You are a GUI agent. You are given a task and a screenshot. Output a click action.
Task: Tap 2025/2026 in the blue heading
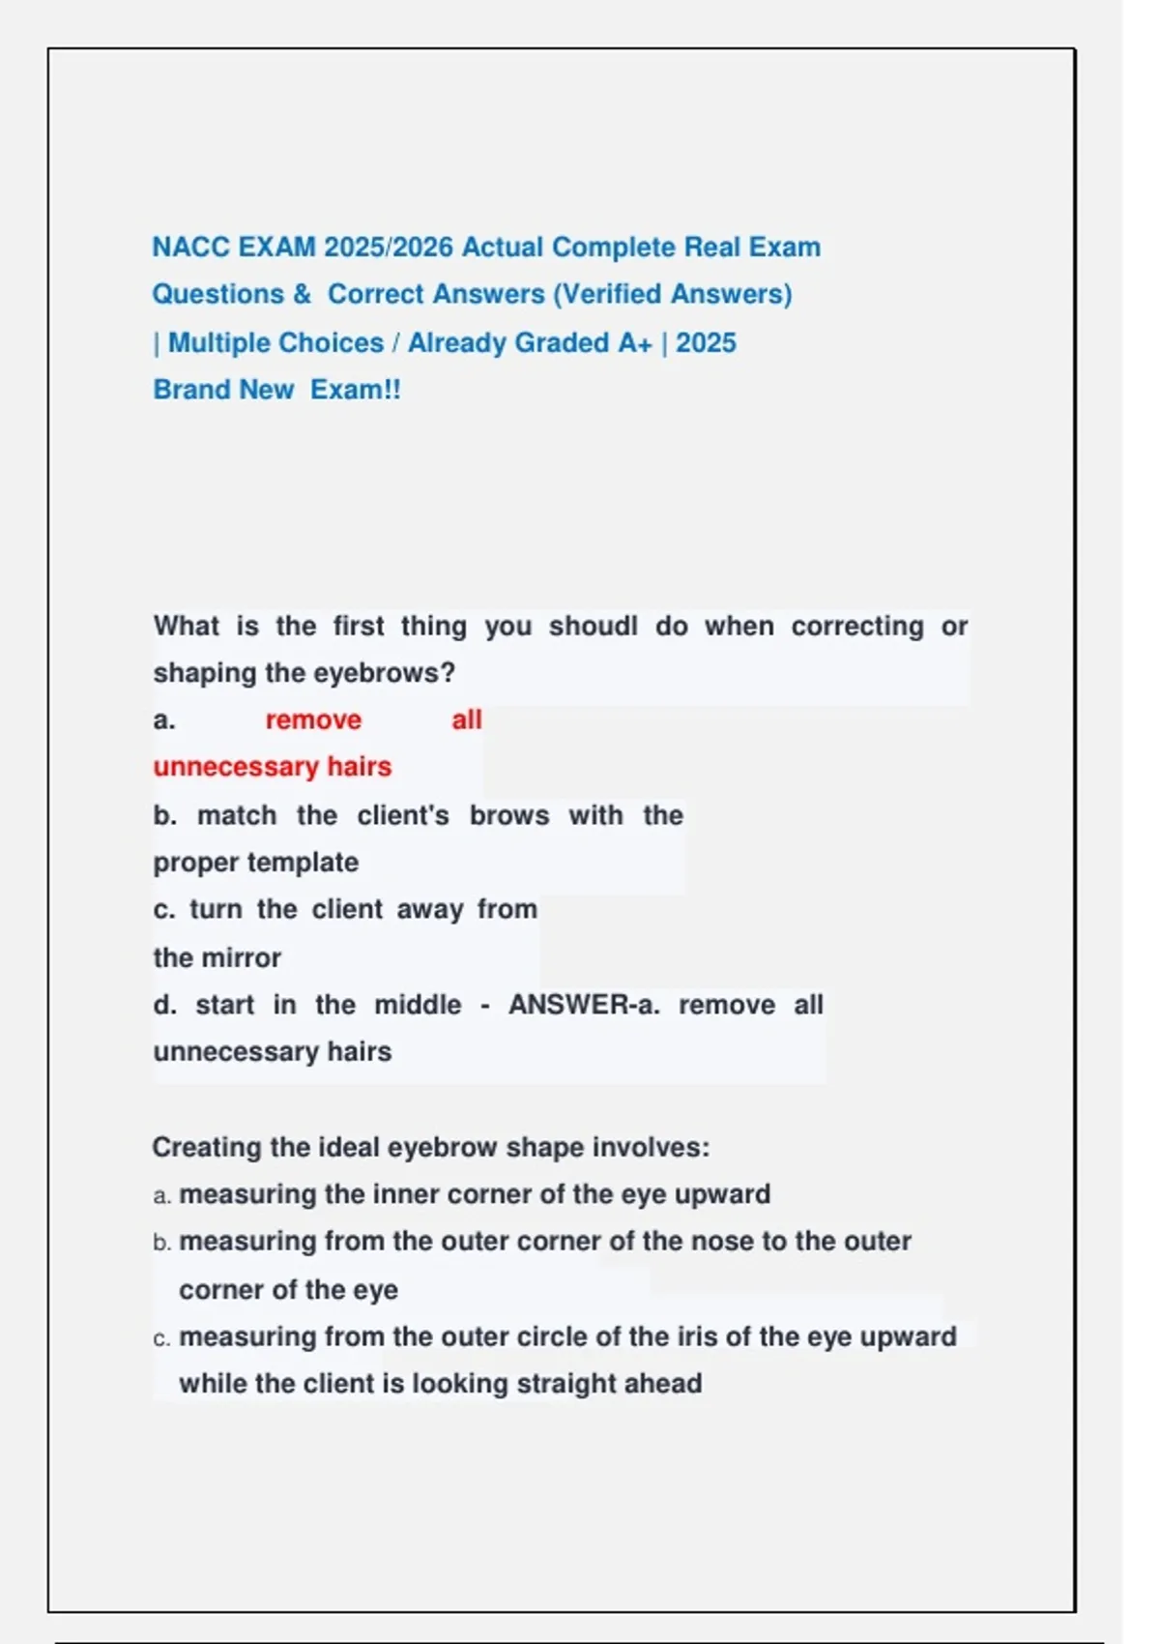(389, 248)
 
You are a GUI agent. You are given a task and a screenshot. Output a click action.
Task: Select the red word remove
(313, 719)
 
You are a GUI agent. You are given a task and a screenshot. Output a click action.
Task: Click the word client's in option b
(403, 815)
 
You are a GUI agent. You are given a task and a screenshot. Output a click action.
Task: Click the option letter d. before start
(164, 1005)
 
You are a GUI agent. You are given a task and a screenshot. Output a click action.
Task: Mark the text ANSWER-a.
(584, 1005)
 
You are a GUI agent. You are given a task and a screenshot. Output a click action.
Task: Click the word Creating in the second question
(206, 1148)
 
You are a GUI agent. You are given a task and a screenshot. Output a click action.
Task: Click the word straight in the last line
(566, 1384)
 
